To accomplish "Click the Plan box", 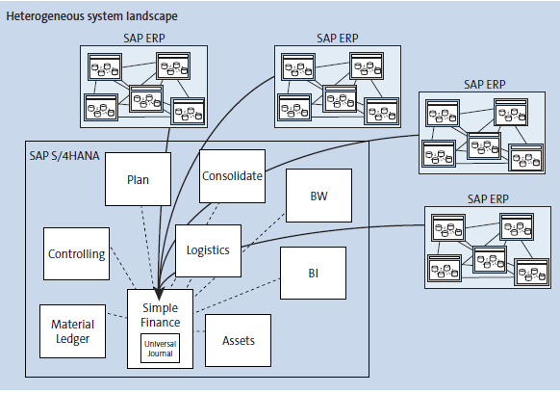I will (x=138, y=179).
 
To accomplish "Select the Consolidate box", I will (x=232, y=176).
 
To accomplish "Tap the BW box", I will (x=318, y=196).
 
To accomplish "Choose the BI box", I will (x=313, y=273).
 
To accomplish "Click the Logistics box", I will (x=208, y=250).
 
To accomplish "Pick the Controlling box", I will (x=76, y=254).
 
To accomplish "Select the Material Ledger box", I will (x=72, y=331).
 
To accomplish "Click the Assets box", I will (x=238, y=340).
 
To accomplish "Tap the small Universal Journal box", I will (x=160, y=347).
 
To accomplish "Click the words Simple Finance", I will (x=160, y=312).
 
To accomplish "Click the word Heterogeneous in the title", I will (x=44, y=17).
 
